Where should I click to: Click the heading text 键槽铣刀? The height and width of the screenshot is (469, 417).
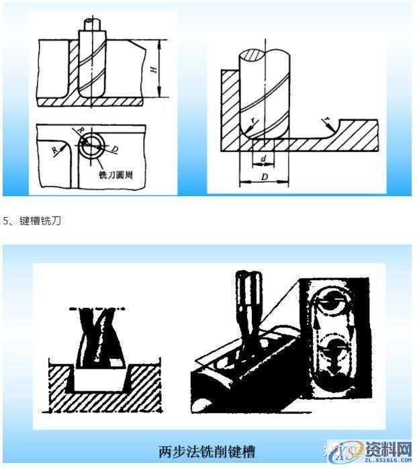(40, 220)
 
